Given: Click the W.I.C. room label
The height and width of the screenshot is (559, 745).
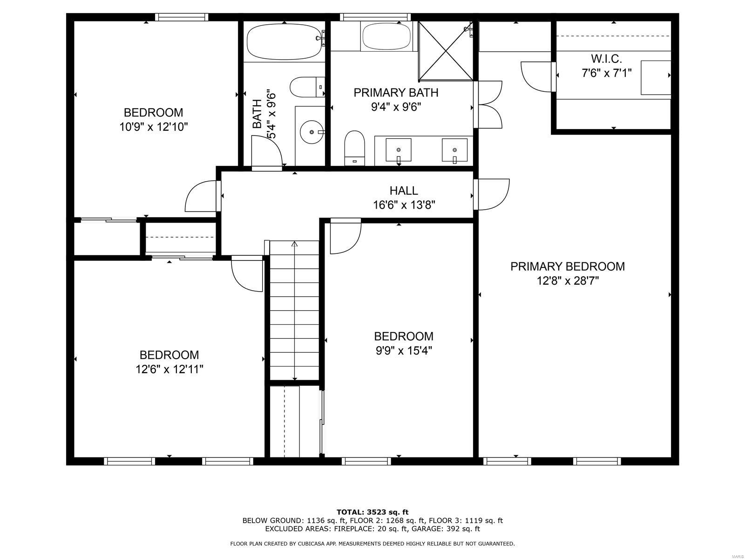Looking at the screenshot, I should coord(606,59).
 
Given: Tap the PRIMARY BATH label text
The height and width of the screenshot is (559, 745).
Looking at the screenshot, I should coord(396,93).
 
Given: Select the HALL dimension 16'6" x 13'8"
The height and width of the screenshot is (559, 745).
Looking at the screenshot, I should coord(404,205).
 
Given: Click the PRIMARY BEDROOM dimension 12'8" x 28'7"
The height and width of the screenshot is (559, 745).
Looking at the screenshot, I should coord(567,281).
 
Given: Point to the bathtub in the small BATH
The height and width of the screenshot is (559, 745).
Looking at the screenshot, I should coord(284,41).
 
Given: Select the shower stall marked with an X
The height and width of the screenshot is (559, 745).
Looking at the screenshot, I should coord(446,51).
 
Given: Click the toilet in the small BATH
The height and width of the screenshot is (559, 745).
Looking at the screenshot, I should coord(307,87).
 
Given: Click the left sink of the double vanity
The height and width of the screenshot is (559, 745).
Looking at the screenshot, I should coord(399,150).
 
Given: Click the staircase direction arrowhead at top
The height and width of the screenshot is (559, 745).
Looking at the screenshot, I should coord(294,244).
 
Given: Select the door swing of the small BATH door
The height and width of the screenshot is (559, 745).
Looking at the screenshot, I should coord(267,150).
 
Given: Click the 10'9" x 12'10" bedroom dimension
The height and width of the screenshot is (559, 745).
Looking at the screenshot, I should coord(153,127).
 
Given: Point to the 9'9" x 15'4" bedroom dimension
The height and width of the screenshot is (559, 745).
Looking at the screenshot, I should coord(404,350).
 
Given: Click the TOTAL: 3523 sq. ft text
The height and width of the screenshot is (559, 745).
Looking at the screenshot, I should coord(372,512).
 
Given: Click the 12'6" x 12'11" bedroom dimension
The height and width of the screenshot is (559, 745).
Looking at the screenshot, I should coord(169,369).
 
